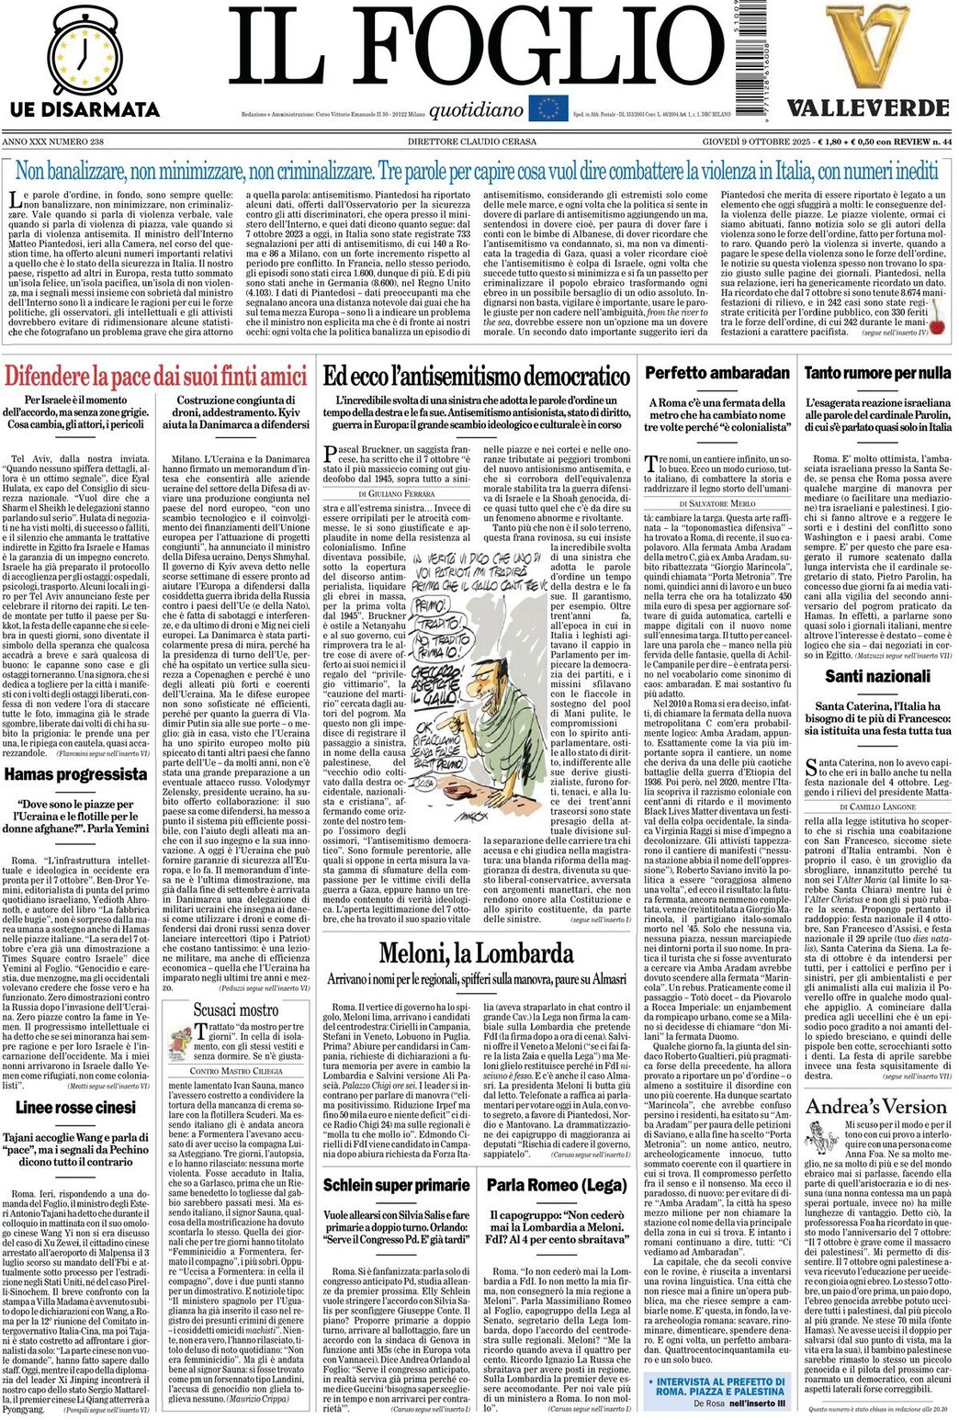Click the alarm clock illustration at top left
click(x=84, y=51)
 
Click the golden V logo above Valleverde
click(x=866, y=46)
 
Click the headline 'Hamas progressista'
click(x=75, y=774)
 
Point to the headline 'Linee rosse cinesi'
click(x=75, y=1108)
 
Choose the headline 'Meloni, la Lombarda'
click(x=476, y=953)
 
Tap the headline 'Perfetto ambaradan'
click(x=716, y=374)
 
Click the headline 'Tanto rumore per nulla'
click(x=877, y=374)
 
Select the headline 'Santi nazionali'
click(x=877, y=677)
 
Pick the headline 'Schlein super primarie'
click(x=396, y=1185)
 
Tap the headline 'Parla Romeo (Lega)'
click(x=557, y=1185)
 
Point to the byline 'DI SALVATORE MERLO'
click(x=716, y=504)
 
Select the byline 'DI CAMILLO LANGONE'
click(x=877, y=806)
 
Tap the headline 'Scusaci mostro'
click(x=236, y=1010)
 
